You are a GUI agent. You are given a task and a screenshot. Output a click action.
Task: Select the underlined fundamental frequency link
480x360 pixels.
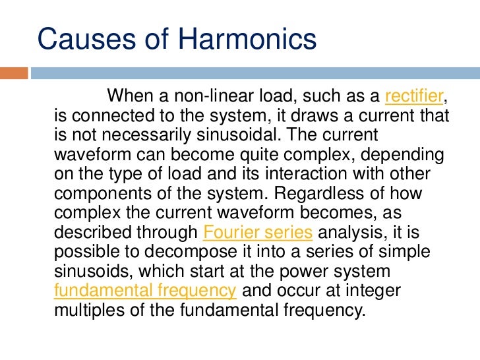click(x=144, y=291)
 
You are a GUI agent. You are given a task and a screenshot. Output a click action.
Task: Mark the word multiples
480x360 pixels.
click(x=88, y=310)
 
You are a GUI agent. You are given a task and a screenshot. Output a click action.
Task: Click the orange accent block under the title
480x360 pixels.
click(x=14, y=72)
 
